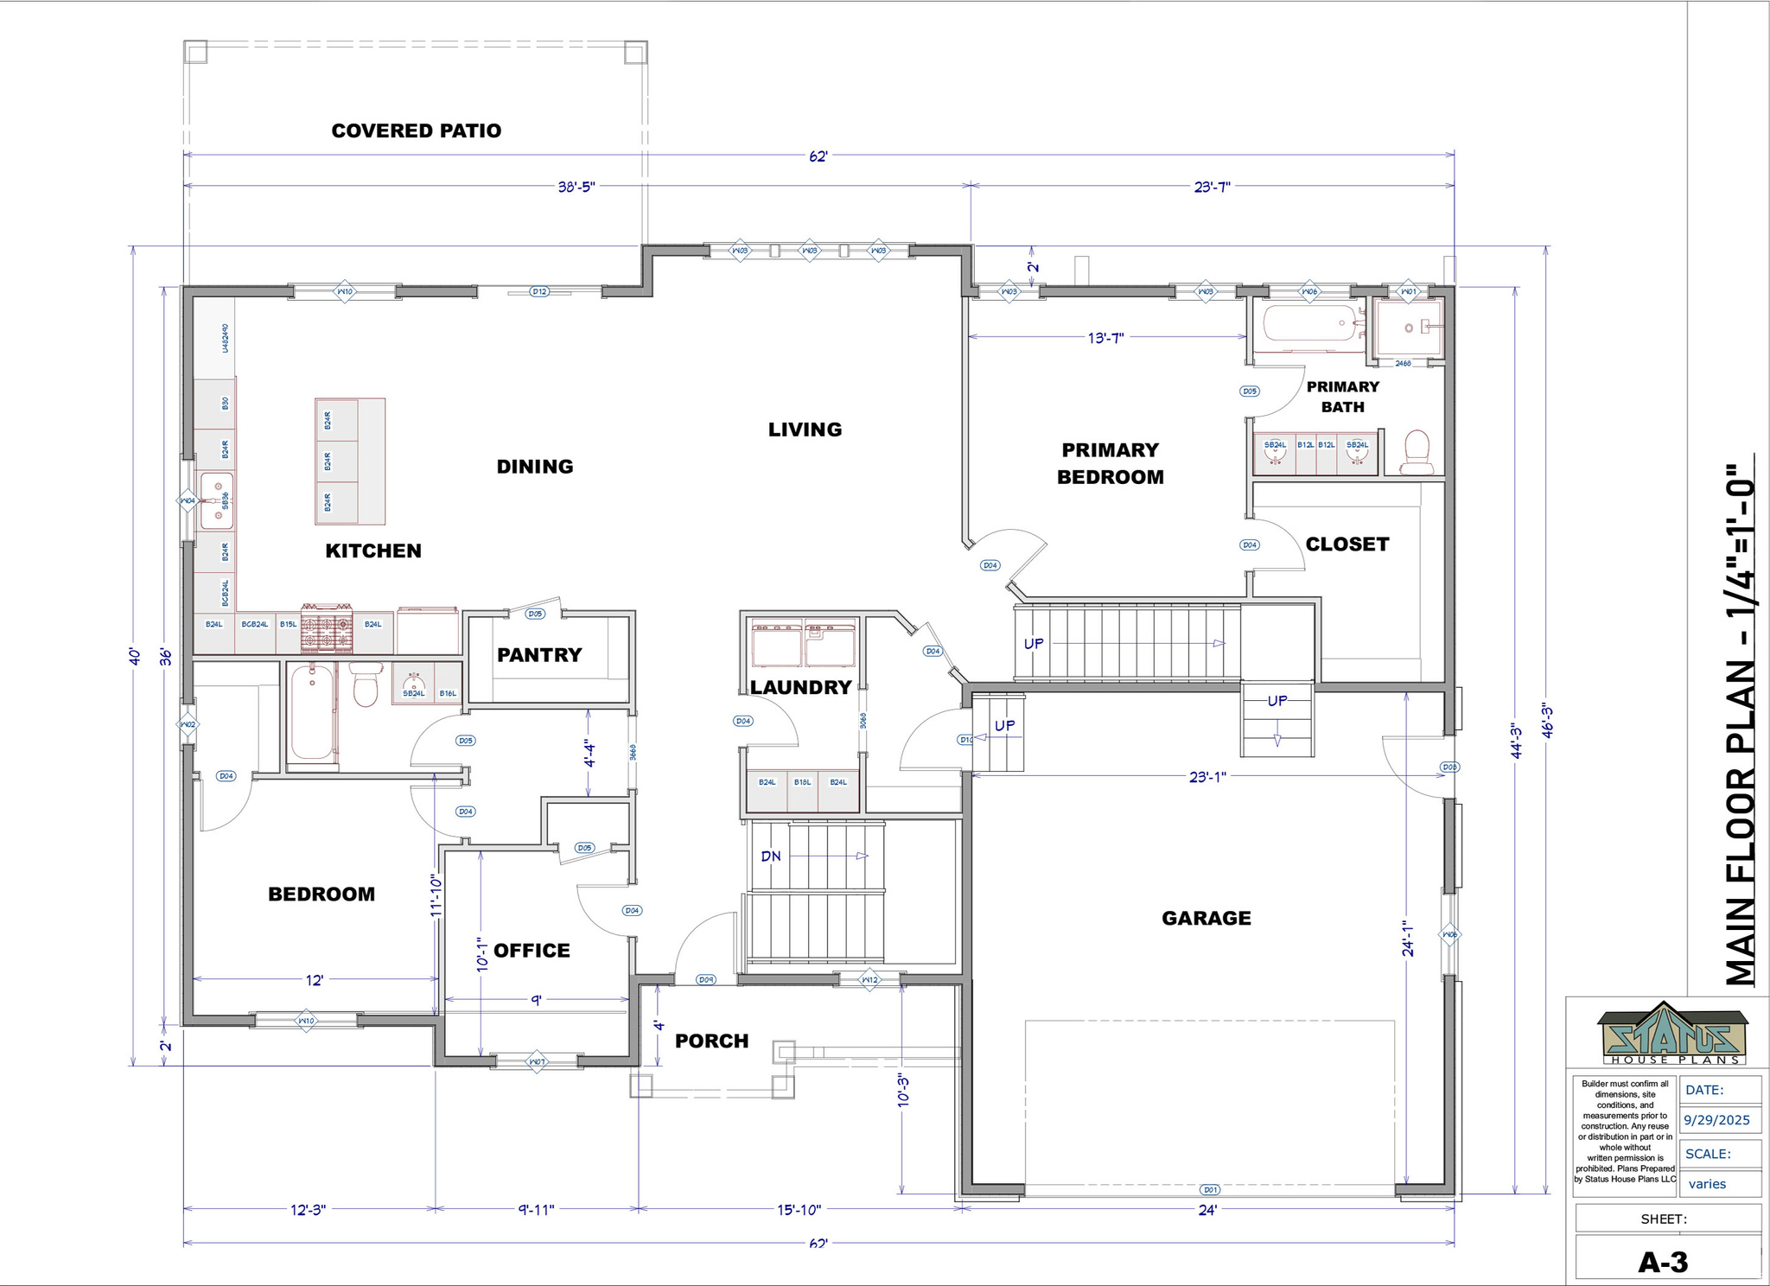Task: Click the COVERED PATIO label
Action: [x=416, y=131]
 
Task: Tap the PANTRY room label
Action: [x=539, y=655]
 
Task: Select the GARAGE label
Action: [x=1206, y=918]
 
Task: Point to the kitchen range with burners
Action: [x=327, y=628]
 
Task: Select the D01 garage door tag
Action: [x=1210, y=1190]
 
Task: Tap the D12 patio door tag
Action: [x=539, y=292]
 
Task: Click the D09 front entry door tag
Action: [x=706, y=980]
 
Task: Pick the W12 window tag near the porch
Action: [x=869, y=980]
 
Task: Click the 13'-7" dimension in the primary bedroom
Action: [x=1105, y=338]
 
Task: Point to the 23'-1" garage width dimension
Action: [x=1207, y=777]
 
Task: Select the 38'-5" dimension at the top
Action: [x=576, y=187]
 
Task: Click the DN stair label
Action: [x=770, y=856]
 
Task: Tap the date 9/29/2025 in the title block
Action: [x=1717, y=1120]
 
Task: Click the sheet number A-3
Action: [x=1663, y=1263]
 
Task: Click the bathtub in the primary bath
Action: [x=1308, y=324]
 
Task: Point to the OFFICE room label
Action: [x=532, y=951]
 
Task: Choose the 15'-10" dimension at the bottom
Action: [x=799, y=1210]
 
